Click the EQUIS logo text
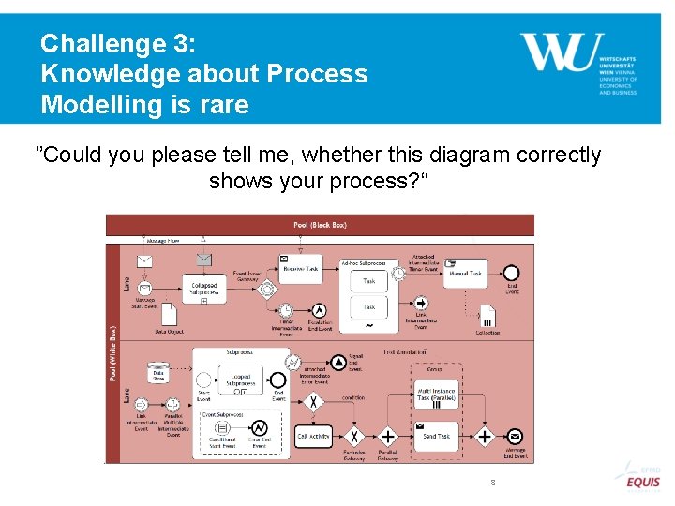644,483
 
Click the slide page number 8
492,483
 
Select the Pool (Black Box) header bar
320,225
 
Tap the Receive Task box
301,267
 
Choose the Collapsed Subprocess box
204,287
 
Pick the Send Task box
436,436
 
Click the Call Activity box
314,436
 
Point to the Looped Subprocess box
240,379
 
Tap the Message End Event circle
514,436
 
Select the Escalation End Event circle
320,310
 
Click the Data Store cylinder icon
158,373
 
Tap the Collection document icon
487,316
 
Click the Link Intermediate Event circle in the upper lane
421,303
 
